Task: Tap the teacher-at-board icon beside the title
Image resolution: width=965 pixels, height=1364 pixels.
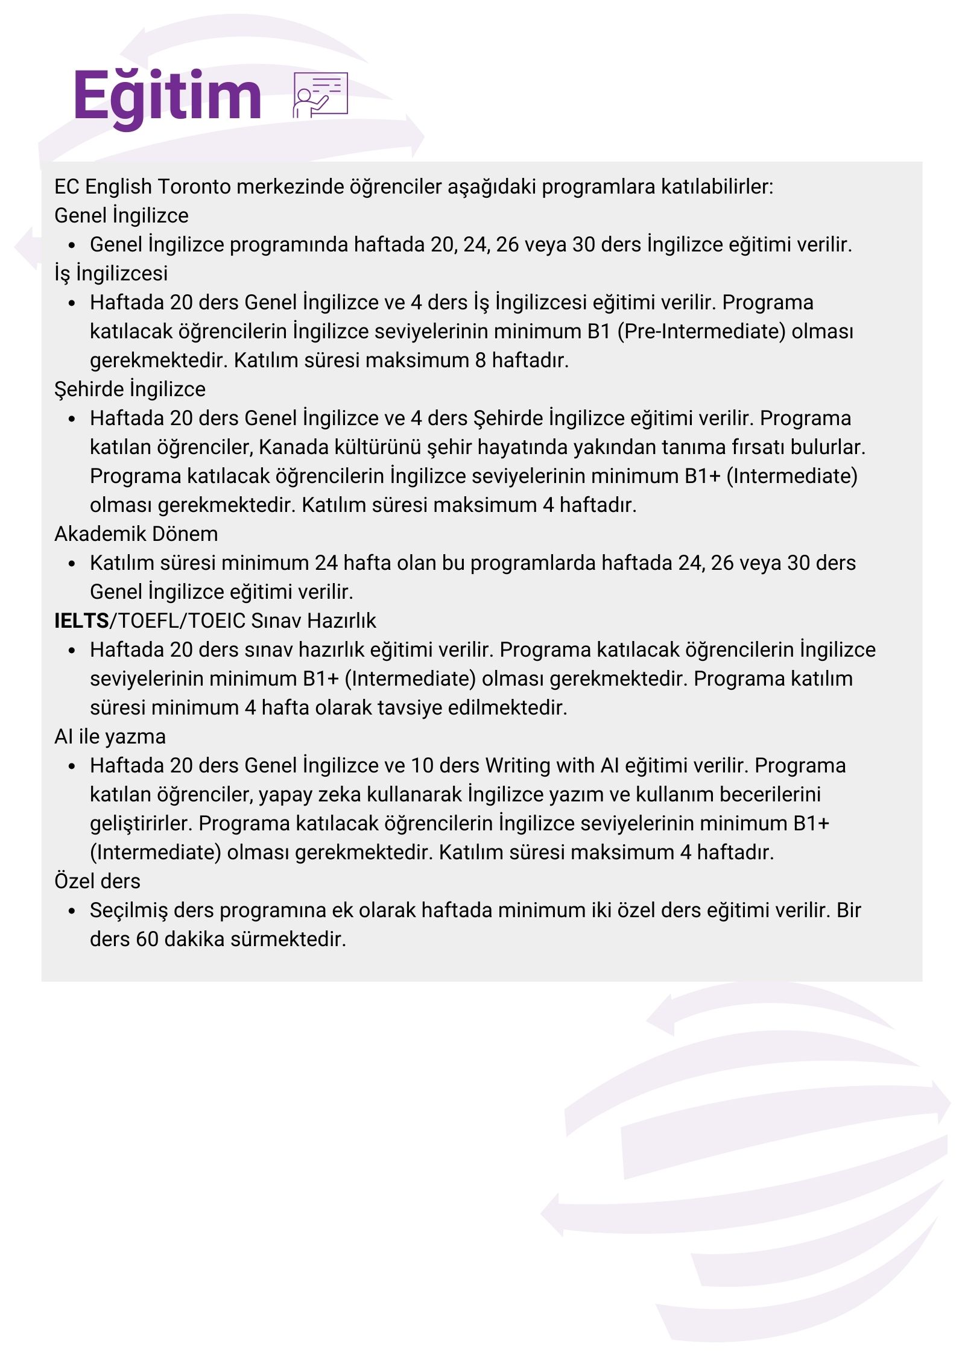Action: coord(320,95)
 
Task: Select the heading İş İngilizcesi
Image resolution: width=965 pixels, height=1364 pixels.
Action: coord(111,274)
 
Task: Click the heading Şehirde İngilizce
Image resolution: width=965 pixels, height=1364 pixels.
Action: coord(130,390)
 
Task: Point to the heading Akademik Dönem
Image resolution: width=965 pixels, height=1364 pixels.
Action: coord(136,534)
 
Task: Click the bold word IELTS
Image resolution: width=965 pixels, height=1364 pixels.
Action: coord(81,621)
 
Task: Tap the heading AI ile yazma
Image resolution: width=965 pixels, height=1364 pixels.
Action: coord(110,737)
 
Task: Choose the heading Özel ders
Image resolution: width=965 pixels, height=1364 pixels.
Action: coord(97,882)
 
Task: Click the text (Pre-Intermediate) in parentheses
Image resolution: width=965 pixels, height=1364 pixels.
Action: coord(701,332)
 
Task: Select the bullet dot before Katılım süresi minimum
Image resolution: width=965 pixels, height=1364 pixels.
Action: coord(72,564)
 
